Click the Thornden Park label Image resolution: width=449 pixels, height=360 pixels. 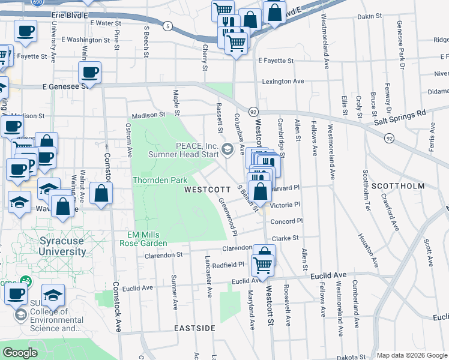click(160, 180)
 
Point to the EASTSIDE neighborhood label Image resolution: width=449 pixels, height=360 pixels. click(194, 329)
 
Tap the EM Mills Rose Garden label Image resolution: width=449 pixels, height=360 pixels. click(146, 238)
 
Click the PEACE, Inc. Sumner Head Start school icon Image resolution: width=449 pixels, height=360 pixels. click(228, 149)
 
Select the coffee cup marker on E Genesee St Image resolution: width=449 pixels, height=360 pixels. click(89, 73)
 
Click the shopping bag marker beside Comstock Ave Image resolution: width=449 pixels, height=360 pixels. click(101, 193)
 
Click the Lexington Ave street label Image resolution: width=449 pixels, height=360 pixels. click(283, 81)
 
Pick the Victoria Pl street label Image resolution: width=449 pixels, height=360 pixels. click(285, 205)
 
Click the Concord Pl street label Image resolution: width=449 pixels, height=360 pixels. click(282, 221)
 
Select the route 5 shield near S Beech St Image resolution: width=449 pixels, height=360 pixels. click(167, 26)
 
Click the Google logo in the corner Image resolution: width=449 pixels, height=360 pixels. click(20, 353)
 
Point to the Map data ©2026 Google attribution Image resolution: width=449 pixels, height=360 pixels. click(412, 355)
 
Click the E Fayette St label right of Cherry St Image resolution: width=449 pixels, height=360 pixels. click(276, 61)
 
